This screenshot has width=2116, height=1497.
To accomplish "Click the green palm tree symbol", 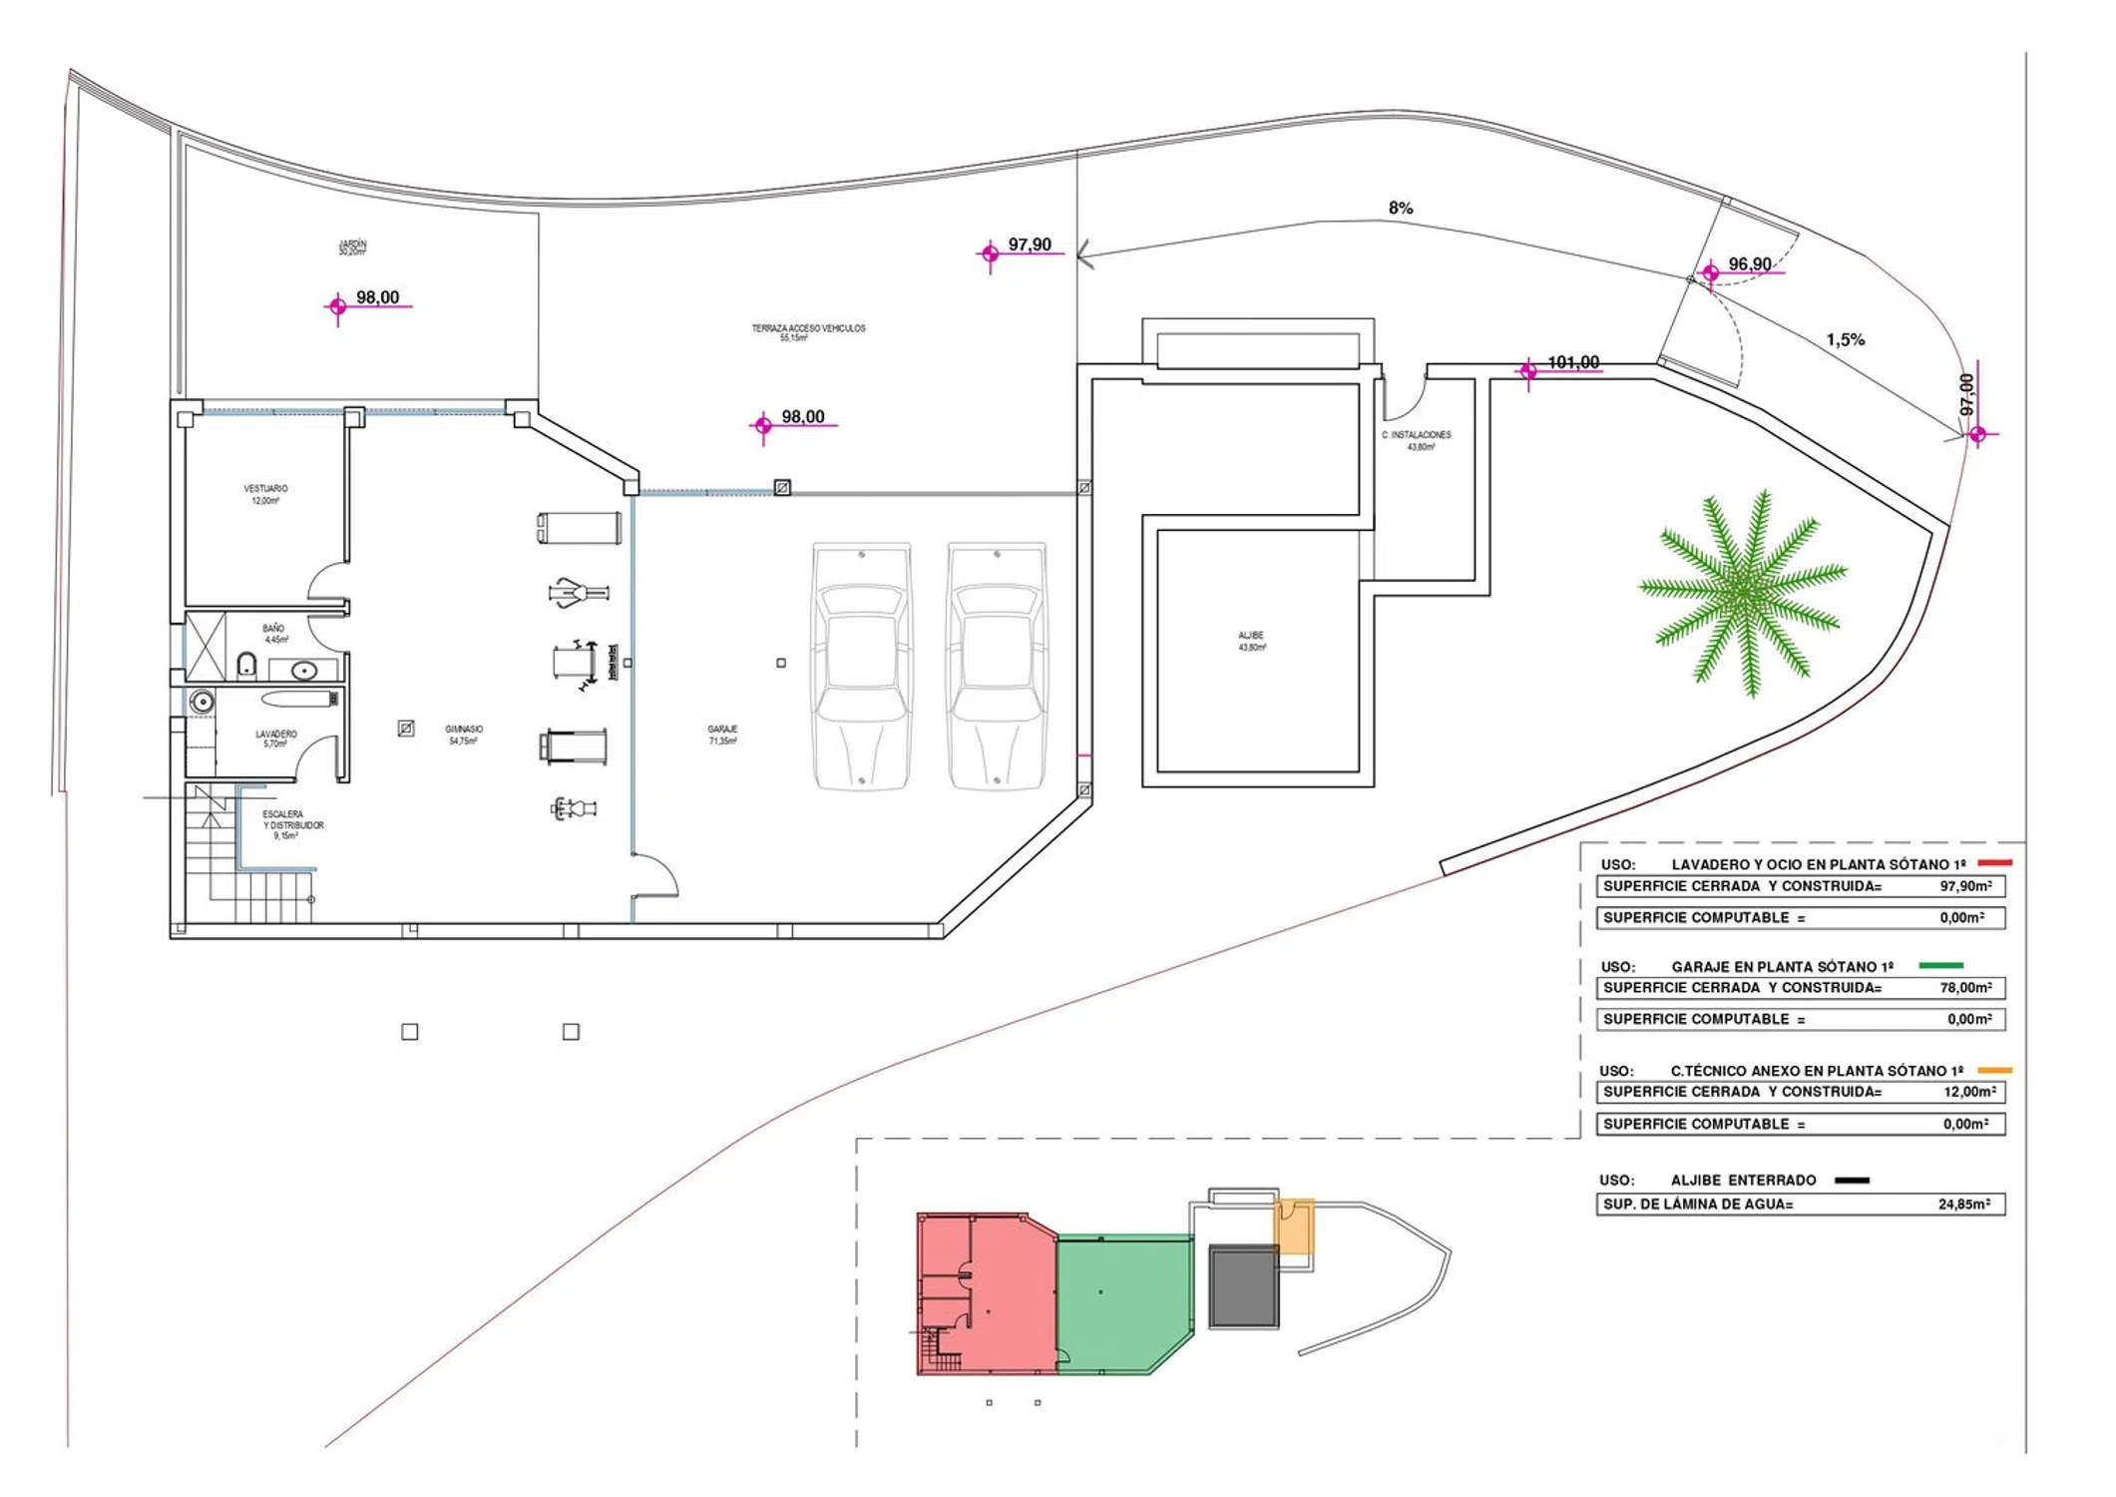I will (x=1744, y=594).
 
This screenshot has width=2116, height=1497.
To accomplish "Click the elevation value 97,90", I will (x=1030, y=245).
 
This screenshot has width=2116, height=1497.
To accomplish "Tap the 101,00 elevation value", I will (x=1573, y=362).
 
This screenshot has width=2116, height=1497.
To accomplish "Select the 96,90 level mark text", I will (x=1750, y=264).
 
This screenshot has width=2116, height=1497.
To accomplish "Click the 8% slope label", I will (x=1401, y=208).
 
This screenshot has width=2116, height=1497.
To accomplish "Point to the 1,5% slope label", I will (x=1846, y=339).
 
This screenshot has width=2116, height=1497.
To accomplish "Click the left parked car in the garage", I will (x=862, y=666).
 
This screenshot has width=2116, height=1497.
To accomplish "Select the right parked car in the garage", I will (x=997, y=666).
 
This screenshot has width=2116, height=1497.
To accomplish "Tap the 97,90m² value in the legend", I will (x=1965, y=886).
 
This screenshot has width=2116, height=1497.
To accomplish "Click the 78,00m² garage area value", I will (x=1965, y=988).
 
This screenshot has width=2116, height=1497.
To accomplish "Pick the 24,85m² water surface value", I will (x=1963, y=1205).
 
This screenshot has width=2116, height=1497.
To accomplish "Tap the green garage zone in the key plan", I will (x=1122, y=1302).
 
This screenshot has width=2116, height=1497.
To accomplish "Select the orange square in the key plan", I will (x=1295, y=1227).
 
